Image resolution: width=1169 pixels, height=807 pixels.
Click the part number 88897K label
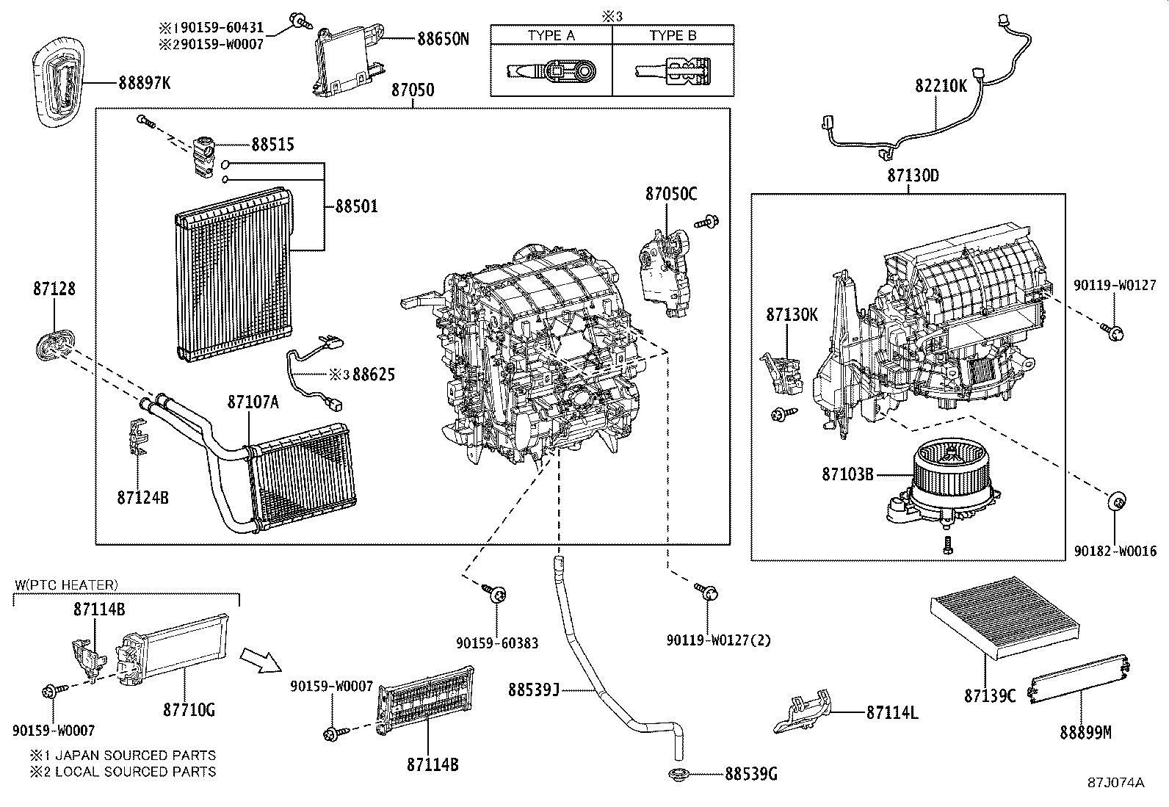[x=144, y=84]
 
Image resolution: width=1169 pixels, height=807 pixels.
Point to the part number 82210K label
[x=941, y=86]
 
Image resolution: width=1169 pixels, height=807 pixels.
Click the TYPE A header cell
[x=551, y=35]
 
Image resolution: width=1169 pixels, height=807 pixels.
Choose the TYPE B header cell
[x=673, y=35]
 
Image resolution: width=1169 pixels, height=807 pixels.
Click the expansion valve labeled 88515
[x=202, y=155]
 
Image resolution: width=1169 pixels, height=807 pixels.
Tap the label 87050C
[x=671, y=194]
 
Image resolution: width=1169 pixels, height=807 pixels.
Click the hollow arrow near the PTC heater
[x=261, y=659]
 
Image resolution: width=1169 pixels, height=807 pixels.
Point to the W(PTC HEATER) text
[x=66, y=585]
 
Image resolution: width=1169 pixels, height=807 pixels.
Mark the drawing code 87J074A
[x=1116, y=783]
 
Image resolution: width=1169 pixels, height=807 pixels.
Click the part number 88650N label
[x=443, y=39]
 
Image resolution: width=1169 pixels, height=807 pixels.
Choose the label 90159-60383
[x=497, y=643]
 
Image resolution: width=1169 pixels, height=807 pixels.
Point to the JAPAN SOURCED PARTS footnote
[x=123, y=755]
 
